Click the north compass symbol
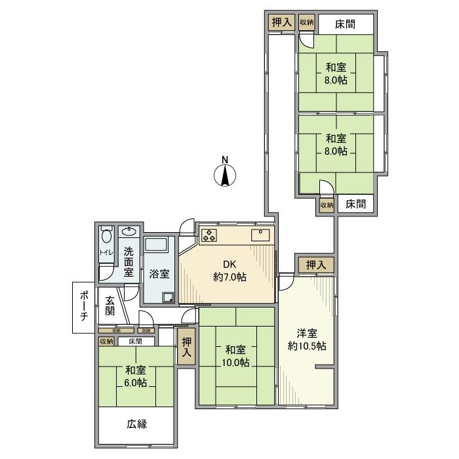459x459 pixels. point(225,175)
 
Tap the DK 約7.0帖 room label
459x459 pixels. point(229,271)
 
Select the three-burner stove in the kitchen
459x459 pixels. point(209,235)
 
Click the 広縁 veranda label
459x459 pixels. point(136,424)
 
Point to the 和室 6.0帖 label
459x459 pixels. point(136,376)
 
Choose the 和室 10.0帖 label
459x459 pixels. point(235,356)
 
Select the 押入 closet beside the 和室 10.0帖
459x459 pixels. point(187,347)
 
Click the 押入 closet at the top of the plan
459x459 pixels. point(282,22)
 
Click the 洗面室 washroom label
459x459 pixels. point(129,262)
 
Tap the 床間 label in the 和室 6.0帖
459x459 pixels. point(135,341)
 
